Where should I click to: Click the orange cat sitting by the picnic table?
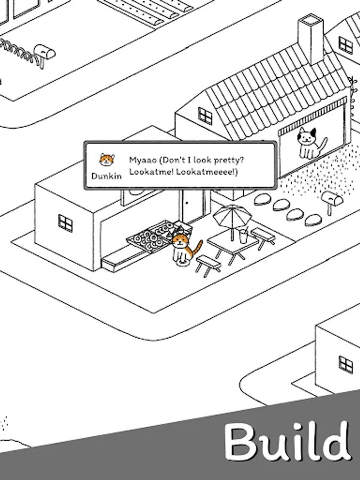point(183,250)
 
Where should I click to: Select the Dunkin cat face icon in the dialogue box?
point(107,160)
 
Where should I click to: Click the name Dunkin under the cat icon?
point(107,176)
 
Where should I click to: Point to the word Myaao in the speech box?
point(142,160)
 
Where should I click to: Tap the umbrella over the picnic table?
point(232,219)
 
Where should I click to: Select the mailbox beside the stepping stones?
point(332,202)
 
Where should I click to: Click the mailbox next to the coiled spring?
point(44,54)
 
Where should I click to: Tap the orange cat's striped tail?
point(196,248)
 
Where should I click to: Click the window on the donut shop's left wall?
point(66,223)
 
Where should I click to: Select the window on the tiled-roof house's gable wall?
point(205,116)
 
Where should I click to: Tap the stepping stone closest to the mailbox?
point(314,220)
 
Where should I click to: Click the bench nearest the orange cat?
point(208,266)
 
